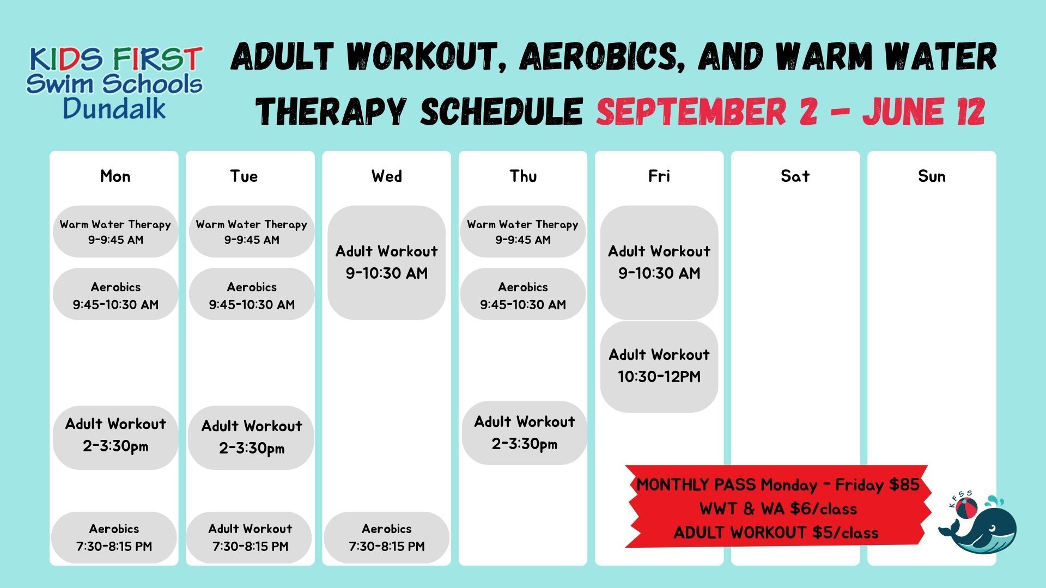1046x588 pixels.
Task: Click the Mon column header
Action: (x=115, y=176)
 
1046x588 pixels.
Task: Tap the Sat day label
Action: (x=795, y=176)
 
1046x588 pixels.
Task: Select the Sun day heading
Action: (x=932, y=176)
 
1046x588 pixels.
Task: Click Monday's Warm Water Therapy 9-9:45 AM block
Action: (x=115, y=231)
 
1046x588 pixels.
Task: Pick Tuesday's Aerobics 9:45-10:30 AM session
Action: (x=252, y=294)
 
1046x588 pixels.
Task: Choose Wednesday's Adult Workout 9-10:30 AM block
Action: (x=387, y=262)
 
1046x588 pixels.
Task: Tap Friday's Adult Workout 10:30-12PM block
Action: (x=659, y=366)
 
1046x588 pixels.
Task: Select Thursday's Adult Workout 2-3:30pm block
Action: (x=524, y=433)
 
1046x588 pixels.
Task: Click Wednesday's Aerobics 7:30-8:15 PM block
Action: (x=387, y=537)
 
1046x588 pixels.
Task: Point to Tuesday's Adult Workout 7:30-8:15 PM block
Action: (x=250, y=537)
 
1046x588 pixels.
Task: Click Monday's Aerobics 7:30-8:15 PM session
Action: (x=114, y=537)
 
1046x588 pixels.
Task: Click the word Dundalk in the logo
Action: (x=114, y=108)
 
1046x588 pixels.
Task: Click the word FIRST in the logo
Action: (x=159, y=59)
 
